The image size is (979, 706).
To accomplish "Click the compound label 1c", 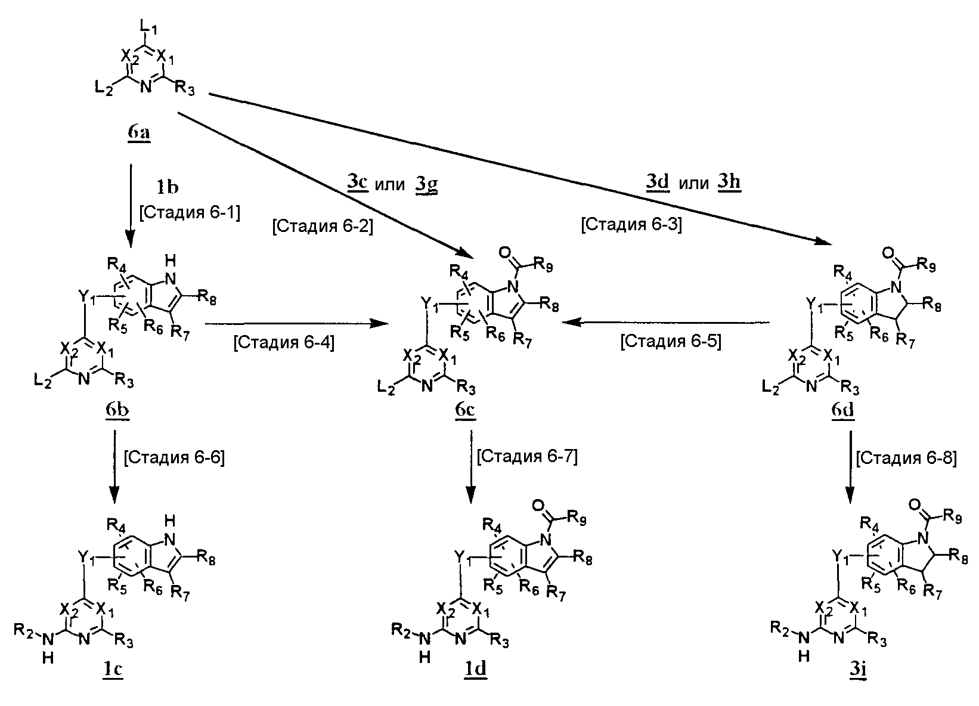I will pyautogui.click(x=112, y=670).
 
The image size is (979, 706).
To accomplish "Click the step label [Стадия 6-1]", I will pyautogui.click(x=190, y=213).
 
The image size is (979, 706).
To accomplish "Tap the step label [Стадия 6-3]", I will pyautogui.click(x=631, y=224).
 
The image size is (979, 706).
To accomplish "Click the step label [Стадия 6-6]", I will pyautogui.click(x=174, y=458).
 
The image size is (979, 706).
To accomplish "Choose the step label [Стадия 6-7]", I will pyautogui.click(x=528, y=457).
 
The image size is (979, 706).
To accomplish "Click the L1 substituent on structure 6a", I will pyautogui.click(x=147, y=26).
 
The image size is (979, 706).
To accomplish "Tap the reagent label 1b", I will pyautogui.click(x=168, y=187).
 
